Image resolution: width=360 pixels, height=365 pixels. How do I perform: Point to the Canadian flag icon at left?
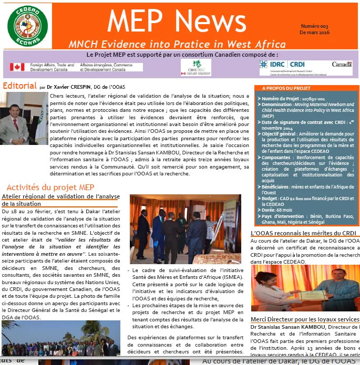coord(17,67)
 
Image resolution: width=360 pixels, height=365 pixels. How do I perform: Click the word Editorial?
coord(19,86)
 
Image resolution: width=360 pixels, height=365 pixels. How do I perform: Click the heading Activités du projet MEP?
coord(50,187)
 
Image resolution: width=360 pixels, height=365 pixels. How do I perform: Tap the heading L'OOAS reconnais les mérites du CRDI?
coord(304,233)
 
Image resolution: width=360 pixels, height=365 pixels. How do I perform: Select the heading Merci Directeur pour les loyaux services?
coord(305,319)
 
